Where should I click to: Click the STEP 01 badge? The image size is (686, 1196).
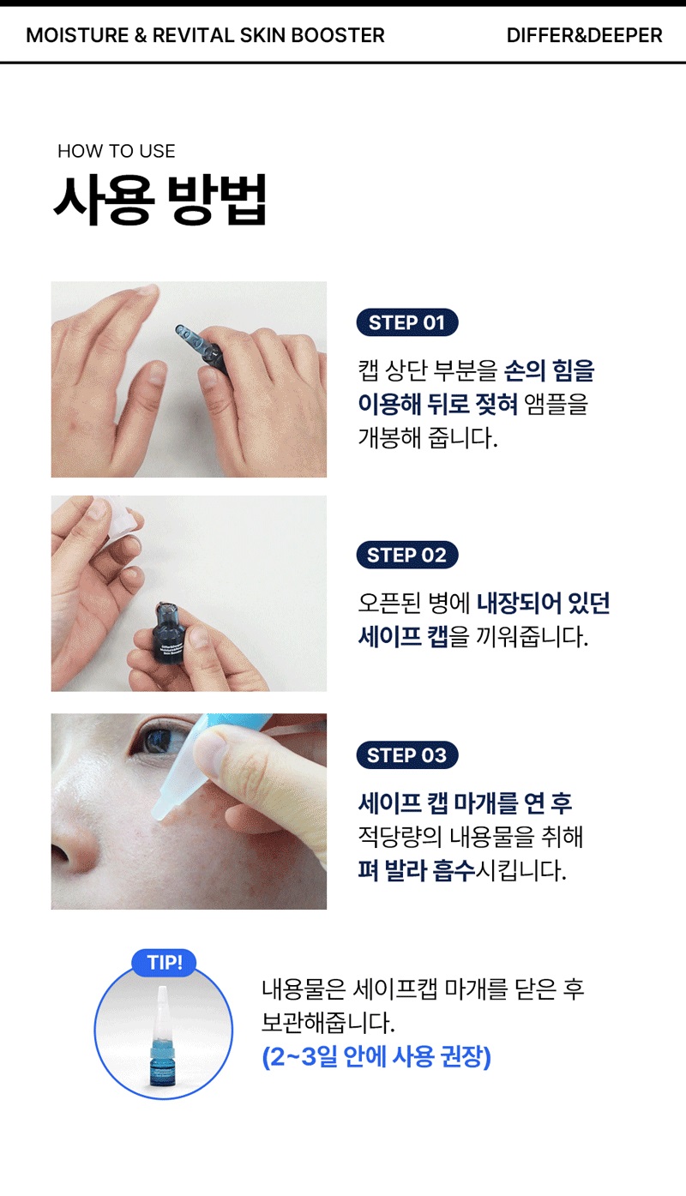(x=406, y=322)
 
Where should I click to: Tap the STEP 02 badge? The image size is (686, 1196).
(x=406, y=556)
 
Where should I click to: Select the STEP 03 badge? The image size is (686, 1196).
(x=406, y=755)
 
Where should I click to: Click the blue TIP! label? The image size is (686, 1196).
(x=164, y=962)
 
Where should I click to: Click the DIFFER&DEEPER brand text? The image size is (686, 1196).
(x=584, y=35)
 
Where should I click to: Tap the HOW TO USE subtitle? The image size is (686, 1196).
(x=117, y=151)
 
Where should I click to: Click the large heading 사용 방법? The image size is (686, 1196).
(x=160, y=200)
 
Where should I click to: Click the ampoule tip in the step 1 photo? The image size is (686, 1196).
(x=183, y=332)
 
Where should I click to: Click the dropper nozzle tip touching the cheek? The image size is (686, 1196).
(x=158, y=814)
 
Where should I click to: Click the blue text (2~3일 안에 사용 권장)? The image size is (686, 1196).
(x=376, y=1056)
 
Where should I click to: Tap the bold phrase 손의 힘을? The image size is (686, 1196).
(x=550, y=370)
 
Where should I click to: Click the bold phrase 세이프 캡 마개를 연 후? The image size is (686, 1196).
(x=465, y=803)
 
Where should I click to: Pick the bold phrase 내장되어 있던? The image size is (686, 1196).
(x=543, y=604)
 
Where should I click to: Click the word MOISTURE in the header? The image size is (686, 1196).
(x=77, y=35)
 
